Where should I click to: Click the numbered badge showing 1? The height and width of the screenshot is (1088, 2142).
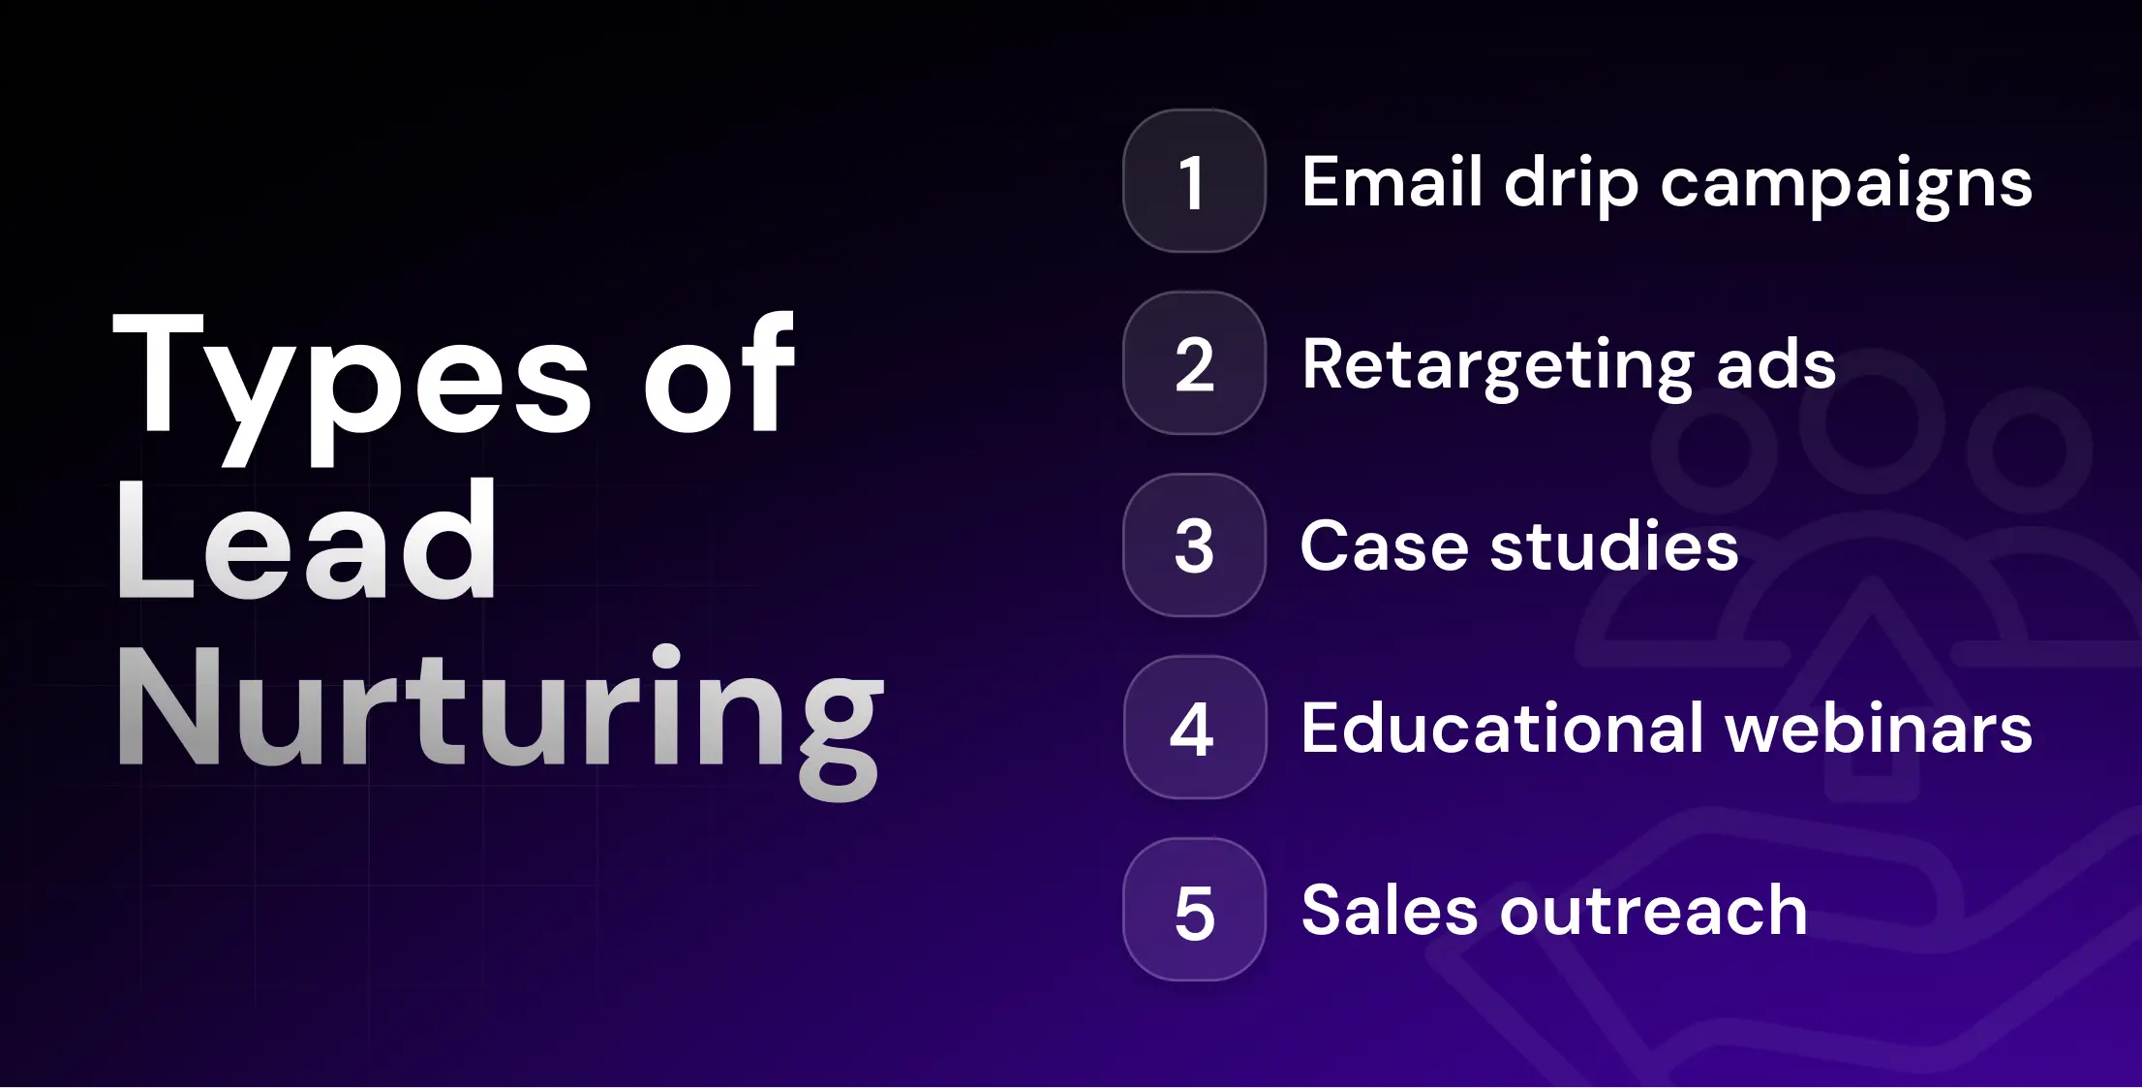(x=1194, y=181)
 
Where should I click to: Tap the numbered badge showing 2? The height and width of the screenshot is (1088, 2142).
(x=1194, y=363)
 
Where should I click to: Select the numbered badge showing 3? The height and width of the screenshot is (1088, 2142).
(x=1194, y=545)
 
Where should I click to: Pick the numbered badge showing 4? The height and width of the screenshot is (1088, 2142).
(x=1194, y=728)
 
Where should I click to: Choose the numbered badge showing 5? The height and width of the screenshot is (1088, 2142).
(x=1194, y=910)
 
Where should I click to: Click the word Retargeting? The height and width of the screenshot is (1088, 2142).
(x=1497, y=366)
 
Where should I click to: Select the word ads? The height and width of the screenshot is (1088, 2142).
(x=1776, y=364)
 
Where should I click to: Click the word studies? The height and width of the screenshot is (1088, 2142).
(x=1614, y=545)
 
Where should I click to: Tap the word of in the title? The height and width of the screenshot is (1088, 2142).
(x=719, y=373)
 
